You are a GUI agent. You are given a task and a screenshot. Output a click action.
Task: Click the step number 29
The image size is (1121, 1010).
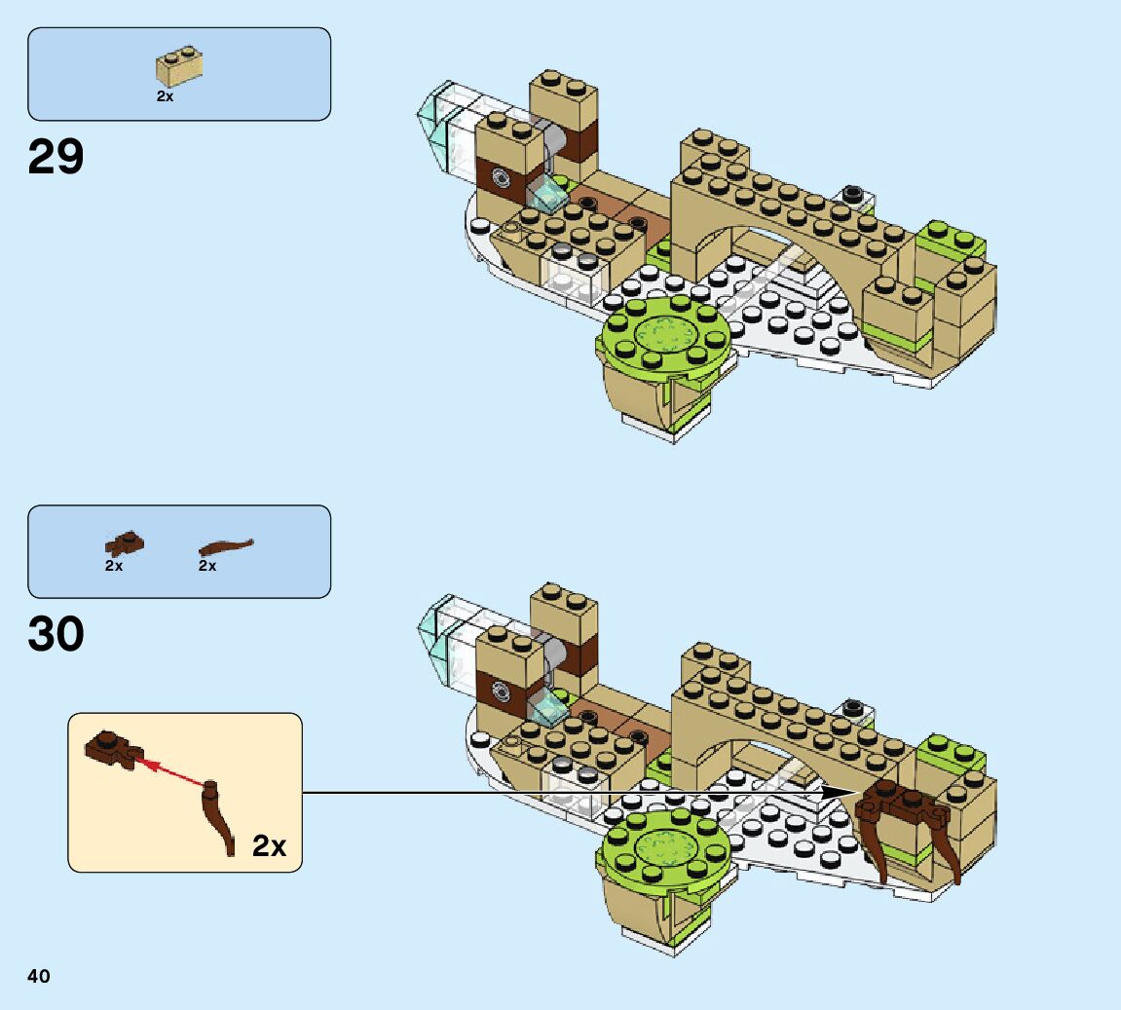click(56, 157)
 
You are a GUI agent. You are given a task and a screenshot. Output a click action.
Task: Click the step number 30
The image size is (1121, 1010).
click(56, 634)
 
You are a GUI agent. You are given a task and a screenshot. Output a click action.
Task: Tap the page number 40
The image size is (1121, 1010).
click(39, 976)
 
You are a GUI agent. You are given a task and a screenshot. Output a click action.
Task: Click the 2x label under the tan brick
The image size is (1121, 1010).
click(165, 96)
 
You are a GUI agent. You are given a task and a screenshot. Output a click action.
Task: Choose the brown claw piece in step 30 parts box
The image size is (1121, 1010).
click(225, 546)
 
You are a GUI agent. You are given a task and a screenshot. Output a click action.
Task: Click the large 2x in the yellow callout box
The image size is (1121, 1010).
click(269, 845)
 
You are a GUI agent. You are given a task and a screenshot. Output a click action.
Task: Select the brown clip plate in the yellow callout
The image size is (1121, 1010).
click(113, 747)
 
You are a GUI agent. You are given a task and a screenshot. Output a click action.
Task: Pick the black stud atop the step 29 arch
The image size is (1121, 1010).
click(854, 193)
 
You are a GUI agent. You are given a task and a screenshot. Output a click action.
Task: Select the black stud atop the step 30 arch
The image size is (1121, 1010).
click(854, 705)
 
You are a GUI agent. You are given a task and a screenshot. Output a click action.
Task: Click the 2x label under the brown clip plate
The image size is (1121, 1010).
click(114, 566)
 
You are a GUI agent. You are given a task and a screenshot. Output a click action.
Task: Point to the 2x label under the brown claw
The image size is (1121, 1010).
click(207, 566)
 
